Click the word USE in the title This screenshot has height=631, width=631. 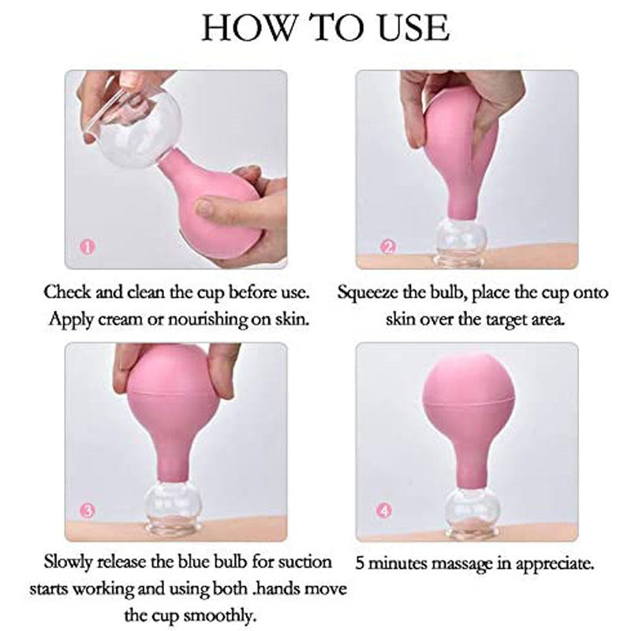414,28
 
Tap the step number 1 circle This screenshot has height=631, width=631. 88,246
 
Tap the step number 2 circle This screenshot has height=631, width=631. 388,246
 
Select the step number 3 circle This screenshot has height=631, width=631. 88,511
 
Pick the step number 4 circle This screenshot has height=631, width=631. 385,511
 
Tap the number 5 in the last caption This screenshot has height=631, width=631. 360,563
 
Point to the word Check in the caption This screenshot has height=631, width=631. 67,292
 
